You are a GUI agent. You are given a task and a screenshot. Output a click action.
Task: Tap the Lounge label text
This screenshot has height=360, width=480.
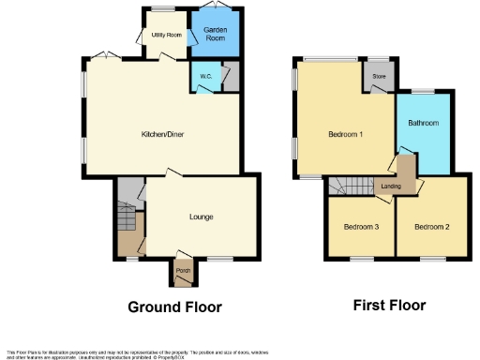[x=201, y=217]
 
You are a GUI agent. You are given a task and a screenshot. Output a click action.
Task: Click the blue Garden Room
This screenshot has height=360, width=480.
[x=217, y=36]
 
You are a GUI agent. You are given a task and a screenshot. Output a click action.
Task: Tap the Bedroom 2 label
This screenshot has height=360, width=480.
[x=432, y=226]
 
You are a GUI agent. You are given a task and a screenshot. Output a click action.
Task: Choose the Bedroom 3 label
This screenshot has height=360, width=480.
[x=361, y=226]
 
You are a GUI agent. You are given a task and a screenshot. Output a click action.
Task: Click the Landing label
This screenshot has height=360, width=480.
[x=393, y=186]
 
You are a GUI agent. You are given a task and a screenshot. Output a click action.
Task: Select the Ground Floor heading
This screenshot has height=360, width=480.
[x=173, y=307]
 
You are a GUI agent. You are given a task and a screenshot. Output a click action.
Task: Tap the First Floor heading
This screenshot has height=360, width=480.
[x=389, y=306]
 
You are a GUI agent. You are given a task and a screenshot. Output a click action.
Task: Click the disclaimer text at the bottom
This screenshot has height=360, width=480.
[x=141, y=353]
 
